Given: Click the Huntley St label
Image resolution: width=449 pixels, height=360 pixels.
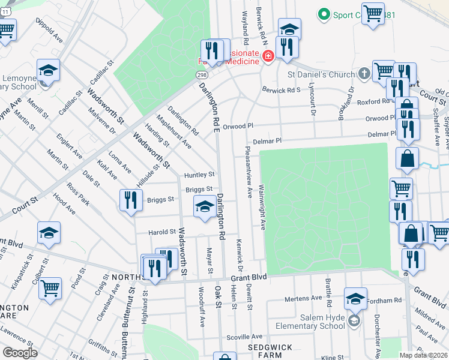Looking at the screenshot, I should tap(199, 175).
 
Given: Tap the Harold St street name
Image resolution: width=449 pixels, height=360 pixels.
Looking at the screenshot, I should tap(163, 232).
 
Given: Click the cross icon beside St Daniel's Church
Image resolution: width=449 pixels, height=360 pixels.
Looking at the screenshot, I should tap(364, 74).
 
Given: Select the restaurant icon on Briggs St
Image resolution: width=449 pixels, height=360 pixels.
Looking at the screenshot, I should tap(130, 200).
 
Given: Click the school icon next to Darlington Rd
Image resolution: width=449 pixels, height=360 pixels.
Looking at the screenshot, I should tap(205, 207).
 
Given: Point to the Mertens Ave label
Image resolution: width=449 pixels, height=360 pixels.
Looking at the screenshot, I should tap(304, 298).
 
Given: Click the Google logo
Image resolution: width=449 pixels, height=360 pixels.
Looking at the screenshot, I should tap(19, 352).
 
